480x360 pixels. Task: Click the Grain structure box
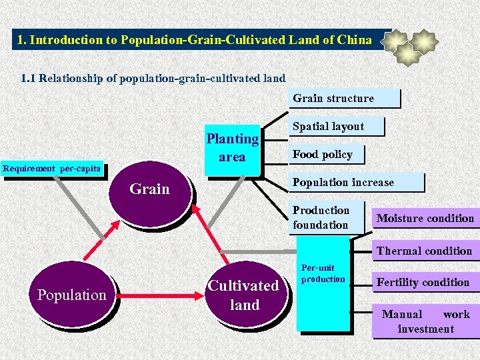point(345,99)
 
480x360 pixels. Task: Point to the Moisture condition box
point(425,218)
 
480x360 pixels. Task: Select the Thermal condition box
point(424,251)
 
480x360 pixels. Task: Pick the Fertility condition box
point(423,282)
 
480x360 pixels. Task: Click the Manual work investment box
point(425,321)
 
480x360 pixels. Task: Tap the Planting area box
point(232,148)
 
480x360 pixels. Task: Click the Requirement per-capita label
point(52,169)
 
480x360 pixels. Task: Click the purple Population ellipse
point(71,295)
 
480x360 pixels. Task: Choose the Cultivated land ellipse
point(245,295)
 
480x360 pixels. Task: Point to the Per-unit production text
point(323,273)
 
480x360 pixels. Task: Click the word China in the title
point(355,40)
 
